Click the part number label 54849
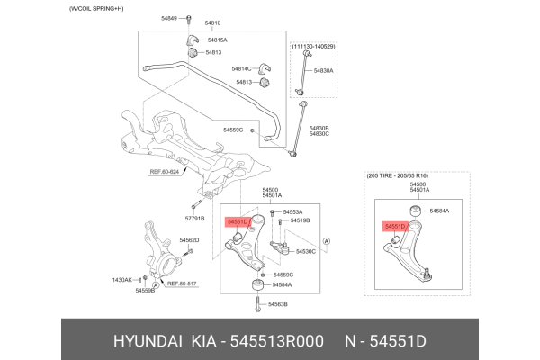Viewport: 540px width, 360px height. tap(169, 18)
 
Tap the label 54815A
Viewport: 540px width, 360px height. tap(217, 40)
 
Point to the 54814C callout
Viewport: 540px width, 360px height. tap(241, 68)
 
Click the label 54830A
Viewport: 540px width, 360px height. tap(323, 69)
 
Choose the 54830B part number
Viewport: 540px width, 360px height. tap(319, 128)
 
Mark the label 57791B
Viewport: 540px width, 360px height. tap(195, 218)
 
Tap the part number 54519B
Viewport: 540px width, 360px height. tap(299, 220)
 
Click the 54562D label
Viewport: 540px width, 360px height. tap(189, 240)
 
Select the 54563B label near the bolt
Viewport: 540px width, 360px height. tap(275, 304)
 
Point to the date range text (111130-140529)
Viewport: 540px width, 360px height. tap(313, 46)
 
